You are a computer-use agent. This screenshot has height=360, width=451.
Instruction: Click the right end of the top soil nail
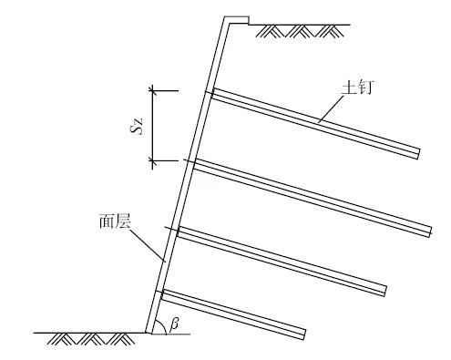pos(418,152)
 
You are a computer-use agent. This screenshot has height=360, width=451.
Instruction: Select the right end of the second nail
pos(429,231)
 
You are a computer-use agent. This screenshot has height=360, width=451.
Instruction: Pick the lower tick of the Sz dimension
pos(153,162)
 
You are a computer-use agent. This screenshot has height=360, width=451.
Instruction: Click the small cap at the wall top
pos(235,18)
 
